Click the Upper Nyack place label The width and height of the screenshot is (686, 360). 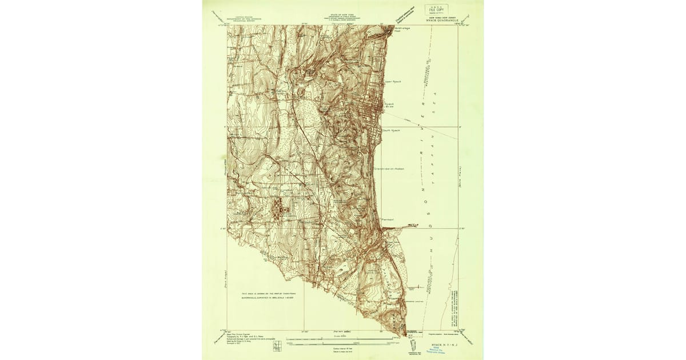coord(393,82)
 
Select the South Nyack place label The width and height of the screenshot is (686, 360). coord(392,130)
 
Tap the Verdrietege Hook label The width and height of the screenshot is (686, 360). coord(402,30)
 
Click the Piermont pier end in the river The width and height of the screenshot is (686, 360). coord(416,226)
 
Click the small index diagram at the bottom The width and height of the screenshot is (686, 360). coord(277,345)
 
